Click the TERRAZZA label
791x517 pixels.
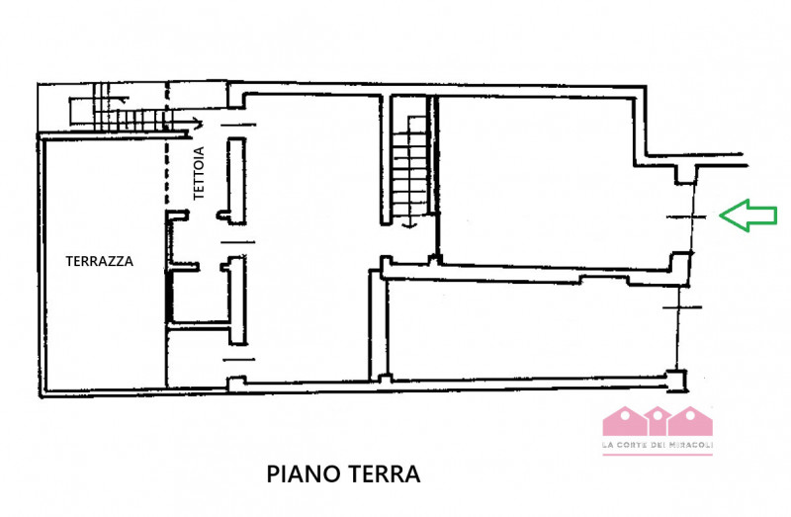tap(99, 262)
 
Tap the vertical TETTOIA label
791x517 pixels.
tap(199, 174)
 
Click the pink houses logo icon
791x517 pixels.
tap(658, 421)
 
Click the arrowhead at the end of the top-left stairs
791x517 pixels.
tap(198, 124)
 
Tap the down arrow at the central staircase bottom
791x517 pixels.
tap(408, 224)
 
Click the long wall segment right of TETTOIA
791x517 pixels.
tap(235, 178)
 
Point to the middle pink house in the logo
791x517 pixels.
tap(658, 421)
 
